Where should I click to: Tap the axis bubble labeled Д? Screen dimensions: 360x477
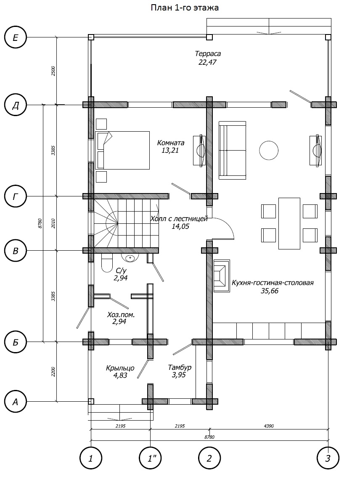[16, 105]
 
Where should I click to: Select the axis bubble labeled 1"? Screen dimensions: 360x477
[151, 458]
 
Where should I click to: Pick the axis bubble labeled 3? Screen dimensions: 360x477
[328, 458]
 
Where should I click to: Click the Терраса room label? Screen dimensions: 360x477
[208, 54]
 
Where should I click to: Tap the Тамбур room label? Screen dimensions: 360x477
[180, 368]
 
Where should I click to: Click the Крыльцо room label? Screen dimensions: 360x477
[120, 368]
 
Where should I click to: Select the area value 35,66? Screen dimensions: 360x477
[270, 291]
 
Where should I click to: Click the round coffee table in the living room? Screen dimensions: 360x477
[269, 150]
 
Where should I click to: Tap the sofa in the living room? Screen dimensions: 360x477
[232, 150]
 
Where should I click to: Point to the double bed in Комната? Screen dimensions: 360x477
[122, 150]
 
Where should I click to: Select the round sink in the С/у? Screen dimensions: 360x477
[130, 257]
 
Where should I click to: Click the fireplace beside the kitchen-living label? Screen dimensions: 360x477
[222, 276]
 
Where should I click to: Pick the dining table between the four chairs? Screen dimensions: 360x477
[289, 224]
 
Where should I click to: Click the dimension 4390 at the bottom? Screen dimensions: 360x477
[269, 426]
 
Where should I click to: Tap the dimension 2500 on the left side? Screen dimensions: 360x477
[53, 71]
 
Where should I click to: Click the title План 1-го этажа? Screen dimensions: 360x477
[185, 8]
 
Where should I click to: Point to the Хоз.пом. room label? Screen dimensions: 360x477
[121, 315]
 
